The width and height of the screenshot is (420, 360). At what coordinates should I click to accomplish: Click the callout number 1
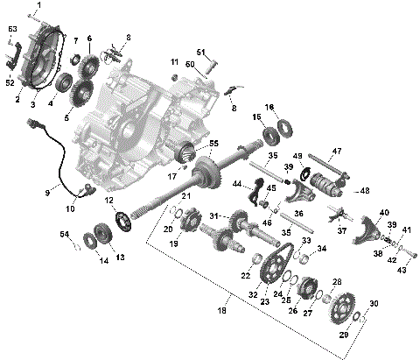tap(38, 5)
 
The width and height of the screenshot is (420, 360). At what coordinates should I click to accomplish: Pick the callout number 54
tap(63, 234)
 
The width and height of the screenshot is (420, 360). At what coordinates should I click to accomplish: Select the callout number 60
tap(189, 64)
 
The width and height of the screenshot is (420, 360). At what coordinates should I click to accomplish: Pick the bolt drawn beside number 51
tap(213, 63)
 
